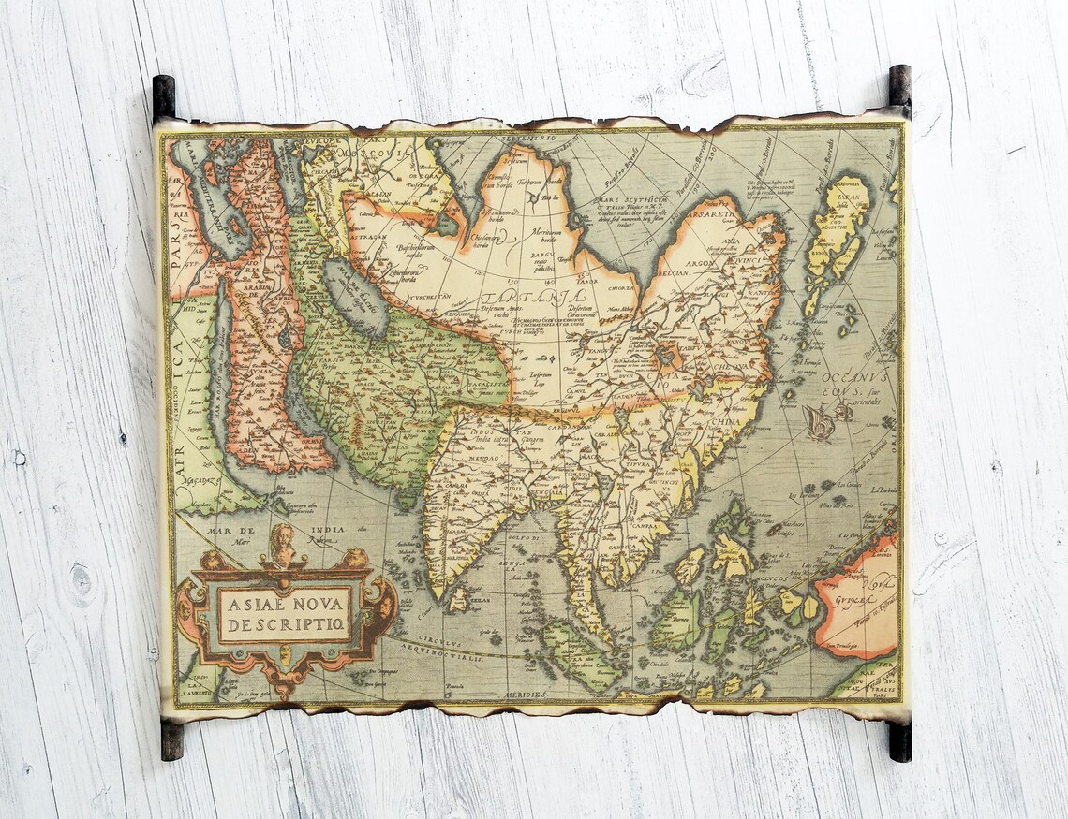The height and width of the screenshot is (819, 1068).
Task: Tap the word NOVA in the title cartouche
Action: (x=318, y=602)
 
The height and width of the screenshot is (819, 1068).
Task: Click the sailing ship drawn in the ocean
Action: (x=818, y=422)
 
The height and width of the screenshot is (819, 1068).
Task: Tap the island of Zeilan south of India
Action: (x=457, y=598)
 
